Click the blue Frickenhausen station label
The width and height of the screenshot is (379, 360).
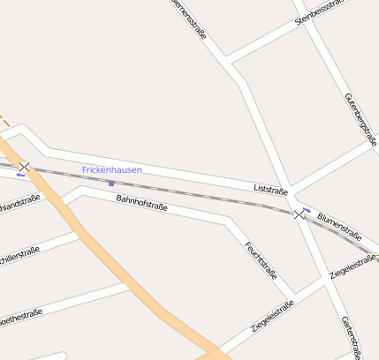tap(112, 169)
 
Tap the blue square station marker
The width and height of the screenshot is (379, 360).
tap(110, 184)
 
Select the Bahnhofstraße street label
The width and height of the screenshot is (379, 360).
tap(141, 204)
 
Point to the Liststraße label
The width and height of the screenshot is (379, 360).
tap(270, 189)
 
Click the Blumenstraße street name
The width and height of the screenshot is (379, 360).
tap(340, 227)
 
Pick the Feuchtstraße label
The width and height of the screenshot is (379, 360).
tap(261, 259)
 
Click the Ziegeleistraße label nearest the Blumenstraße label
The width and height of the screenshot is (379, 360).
tap(352, 266)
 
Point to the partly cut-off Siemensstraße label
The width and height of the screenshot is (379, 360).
tap(189, 18)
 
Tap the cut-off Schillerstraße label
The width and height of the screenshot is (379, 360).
tap(19, 259)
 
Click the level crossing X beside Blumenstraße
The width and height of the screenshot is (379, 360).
tap(299, 214)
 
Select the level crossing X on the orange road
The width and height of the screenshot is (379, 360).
tap(25, 167)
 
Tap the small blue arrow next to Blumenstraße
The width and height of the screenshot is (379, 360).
tap(306, 209)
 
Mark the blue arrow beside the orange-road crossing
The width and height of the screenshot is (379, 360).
tap(19, 175)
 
